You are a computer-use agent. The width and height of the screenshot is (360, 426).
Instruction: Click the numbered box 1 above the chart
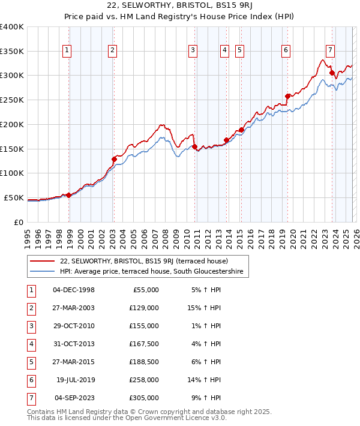click(66, 50)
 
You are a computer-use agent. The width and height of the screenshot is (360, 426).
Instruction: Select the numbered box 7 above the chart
click(330, 50)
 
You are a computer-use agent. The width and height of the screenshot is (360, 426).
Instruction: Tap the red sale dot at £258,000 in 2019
click(287, 96)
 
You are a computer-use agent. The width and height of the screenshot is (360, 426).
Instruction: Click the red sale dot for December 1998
click(68, 195)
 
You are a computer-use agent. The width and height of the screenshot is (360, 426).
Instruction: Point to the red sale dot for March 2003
click(114, 159)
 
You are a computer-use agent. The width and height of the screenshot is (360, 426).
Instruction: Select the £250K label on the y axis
click(12, 100)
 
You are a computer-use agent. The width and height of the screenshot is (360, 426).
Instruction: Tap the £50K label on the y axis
click(14, 197)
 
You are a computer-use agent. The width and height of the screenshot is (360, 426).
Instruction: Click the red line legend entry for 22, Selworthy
click(144, 261)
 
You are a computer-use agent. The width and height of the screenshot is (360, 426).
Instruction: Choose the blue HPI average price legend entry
click(154, 272)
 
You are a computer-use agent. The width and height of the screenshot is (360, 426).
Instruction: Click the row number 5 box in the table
click(31, 362)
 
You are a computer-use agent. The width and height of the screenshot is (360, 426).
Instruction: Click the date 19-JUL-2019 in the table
click(74, 380)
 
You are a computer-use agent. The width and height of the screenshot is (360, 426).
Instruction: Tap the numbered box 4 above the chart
click(224, 50)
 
